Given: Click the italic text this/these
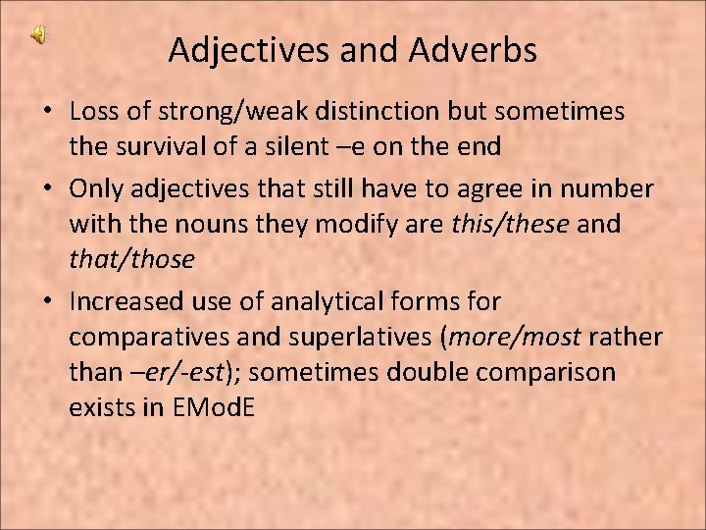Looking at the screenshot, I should click(x=510, y=224).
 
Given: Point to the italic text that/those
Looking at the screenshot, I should click(x=131, y=260).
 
